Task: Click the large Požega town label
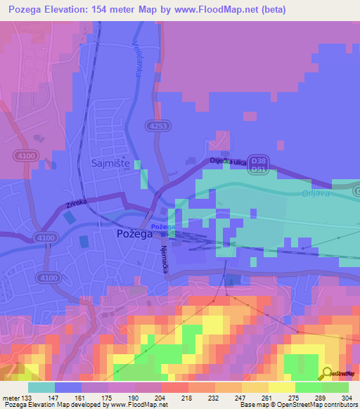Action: (x=134, y=235)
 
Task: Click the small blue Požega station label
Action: (x=162, y=227)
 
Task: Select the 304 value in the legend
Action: (x=347, y=397)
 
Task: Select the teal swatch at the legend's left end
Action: (x=41, y=387)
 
